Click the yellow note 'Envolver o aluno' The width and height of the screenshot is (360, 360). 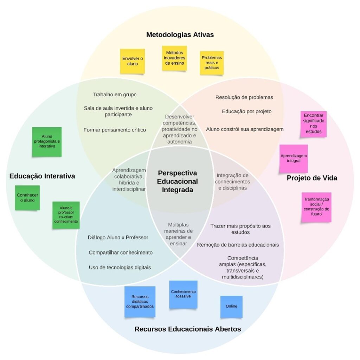[133, 61]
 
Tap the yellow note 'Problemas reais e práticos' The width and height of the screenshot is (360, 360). [212, 63]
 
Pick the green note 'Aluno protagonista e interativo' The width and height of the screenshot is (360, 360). [46, 141]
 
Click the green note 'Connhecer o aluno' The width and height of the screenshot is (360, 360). [27, 198]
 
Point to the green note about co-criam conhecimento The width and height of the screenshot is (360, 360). [66, 215]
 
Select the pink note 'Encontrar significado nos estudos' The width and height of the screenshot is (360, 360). [314, 124]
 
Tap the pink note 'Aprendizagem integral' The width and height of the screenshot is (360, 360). [294, 158]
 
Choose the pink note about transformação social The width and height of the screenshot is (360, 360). [316, 207]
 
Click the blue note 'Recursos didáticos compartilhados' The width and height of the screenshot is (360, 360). [140, 302]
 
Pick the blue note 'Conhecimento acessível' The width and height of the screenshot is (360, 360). [183, 294]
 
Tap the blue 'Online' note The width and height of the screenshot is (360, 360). [231, 306]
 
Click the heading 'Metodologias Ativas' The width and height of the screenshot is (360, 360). [180, 35]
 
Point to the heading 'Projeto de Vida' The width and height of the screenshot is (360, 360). [312, 178]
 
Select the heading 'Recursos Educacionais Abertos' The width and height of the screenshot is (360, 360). [187, 329]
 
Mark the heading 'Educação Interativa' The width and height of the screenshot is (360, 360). [42, 176]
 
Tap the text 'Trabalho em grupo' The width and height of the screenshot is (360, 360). [115, 95]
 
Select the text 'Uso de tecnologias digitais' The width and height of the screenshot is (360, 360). [120, 268]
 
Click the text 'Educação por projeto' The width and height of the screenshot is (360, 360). [246, 111]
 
